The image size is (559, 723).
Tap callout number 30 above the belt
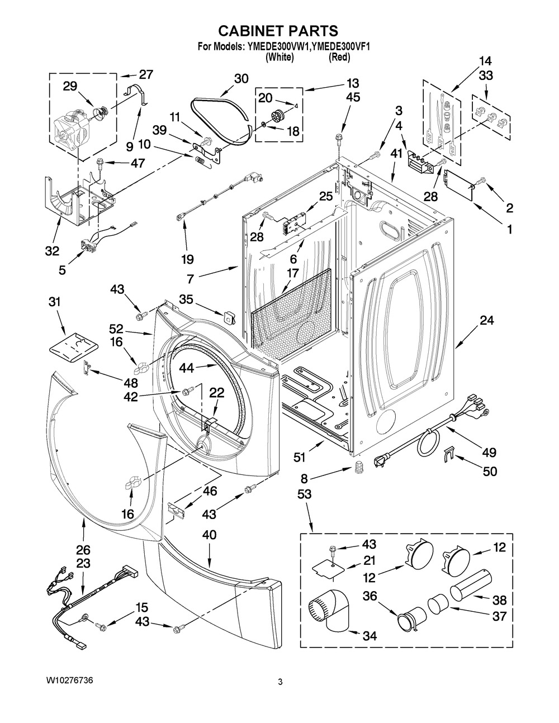pyautogui.click(x=241, y=79)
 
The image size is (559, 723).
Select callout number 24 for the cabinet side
pyautogui.click(x=487, y=320)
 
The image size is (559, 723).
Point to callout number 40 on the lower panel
pyautogui.click(x=209, y=535)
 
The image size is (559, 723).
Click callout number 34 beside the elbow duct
pyautogui.click(x=369, y=635)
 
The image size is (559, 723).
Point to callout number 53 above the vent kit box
pyautogui.click(x=305, y=494)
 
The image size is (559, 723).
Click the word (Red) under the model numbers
pyautogui.click(x=340, y=57)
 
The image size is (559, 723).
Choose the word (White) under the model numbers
pyautogui.click(x=279, y=57)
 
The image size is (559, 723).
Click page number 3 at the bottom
pyautogui.click(x=280, y=681)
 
